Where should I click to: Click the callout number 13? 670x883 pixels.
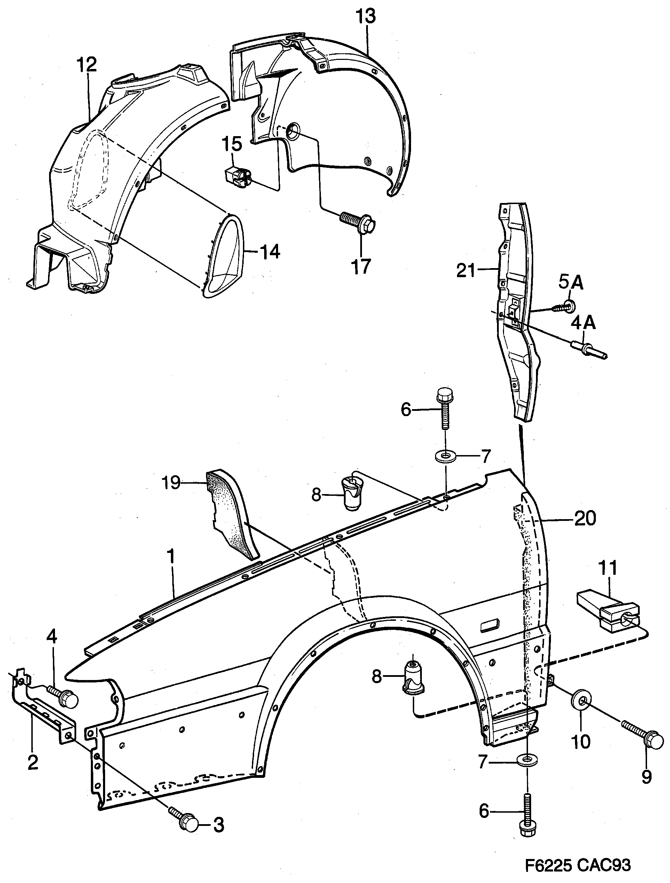click(x=365, y=17)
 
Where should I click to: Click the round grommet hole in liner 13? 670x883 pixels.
click(x=294, y=131)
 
